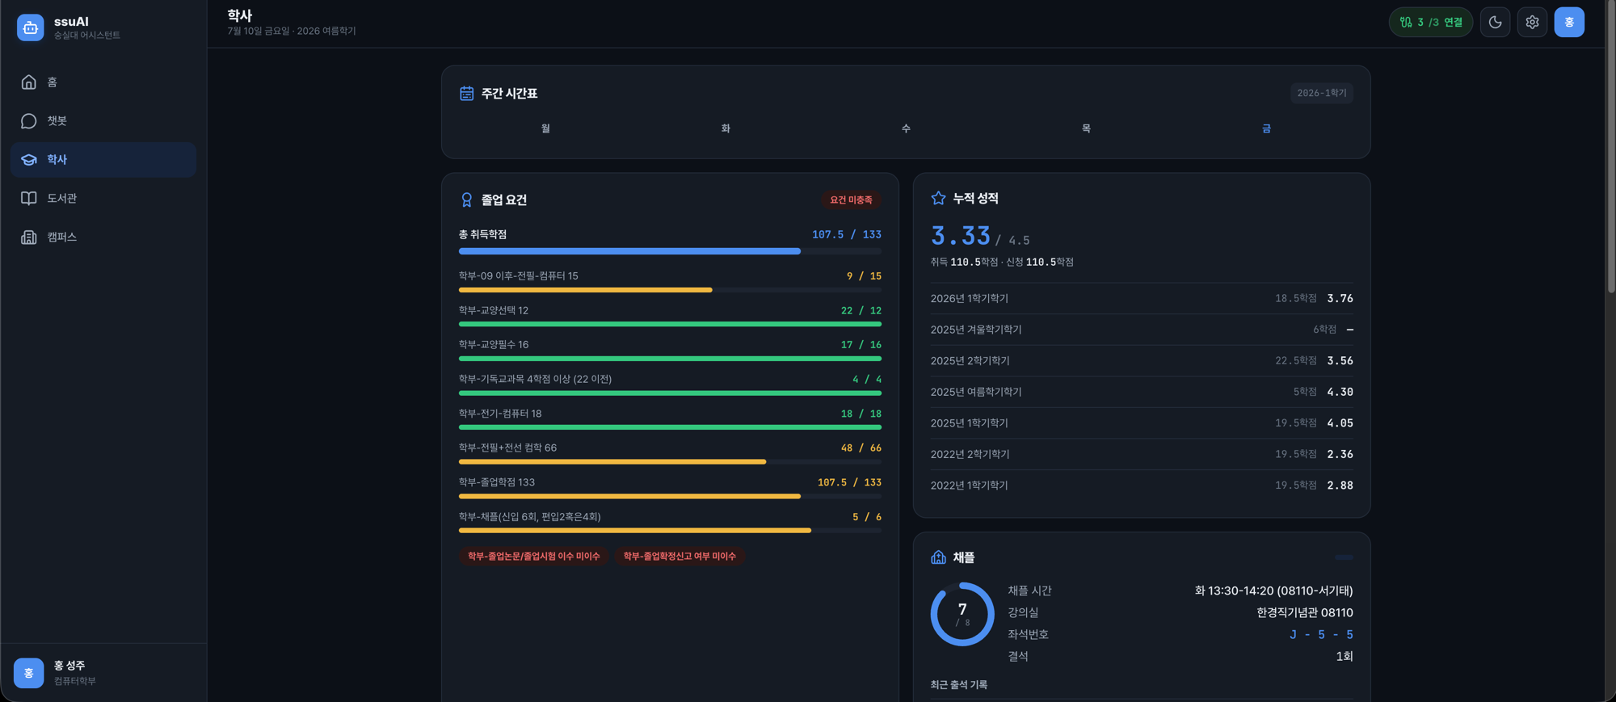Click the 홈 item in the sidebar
click(103, 82)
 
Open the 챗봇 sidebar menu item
click(103, 121)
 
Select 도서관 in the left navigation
click(103, 198)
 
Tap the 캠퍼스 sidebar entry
click(103, 237)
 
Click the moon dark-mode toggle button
click(1495, 23)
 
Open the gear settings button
click(1532, 23)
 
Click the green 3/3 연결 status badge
click(1431, 23)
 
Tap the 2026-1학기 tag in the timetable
click(1321, 93)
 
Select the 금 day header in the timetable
click(1266, 128)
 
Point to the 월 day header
click(545, 128)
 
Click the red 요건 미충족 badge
click(851, 200)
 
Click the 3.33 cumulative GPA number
click(961, 236)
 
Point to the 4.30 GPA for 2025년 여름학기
click(1340, 392)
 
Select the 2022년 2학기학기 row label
click(970, 454)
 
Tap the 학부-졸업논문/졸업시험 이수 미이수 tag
click(533, 556)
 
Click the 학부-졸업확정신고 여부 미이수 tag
click(680, 556)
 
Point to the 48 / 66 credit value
click(861, 448)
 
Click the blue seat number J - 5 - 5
click(1321, 634)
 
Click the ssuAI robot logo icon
click(31, 27)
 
